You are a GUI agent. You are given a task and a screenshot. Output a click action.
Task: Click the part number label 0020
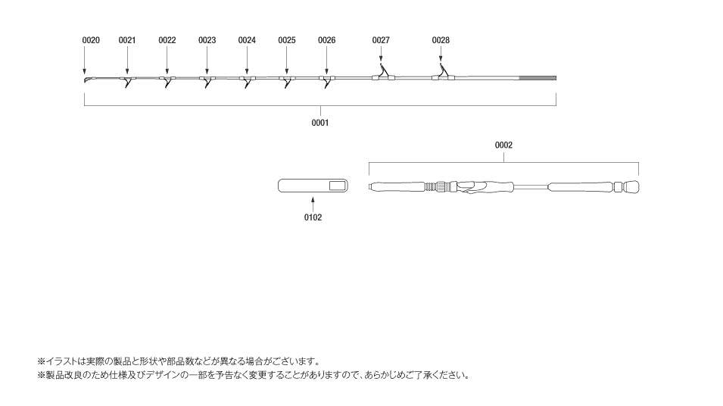(x=91, y=40)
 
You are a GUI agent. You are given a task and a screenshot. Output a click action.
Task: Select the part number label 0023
(x=207, y=40)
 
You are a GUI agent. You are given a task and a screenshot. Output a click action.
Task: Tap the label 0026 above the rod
(x=326, y=40)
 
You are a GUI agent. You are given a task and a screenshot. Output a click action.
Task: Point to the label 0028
(x=441, y=40)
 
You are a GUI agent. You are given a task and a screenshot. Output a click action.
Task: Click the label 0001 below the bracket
(x=320, y=123)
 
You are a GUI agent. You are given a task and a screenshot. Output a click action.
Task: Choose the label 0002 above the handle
(x=503, y=145)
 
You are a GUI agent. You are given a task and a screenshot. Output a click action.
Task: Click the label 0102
(x=313, y=217)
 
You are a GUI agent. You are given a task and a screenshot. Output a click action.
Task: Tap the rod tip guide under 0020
(x=87, y=80)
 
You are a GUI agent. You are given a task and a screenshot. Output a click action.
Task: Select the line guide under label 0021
(x=128, y=81)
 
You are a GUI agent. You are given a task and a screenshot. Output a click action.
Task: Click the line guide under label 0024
(x=247, y=81)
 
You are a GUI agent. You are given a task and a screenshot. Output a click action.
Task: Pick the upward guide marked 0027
(x=383, y=73)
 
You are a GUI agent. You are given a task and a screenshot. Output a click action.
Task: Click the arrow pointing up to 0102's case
(x=313, y=205)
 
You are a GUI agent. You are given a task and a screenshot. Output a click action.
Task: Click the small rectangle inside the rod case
(x=338, y=186)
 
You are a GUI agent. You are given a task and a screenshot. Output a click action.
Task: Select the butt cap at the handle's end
(x=631, y=187)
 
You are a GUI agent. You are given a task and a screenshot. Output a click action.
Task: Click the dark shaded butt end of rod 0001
(x=538, y=78)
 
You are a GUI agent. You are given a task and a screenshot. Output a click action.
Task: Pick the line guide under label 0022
(x=167, y=81)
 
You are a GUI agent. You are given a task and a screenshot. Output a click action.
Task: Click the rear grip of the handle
(x=581, y=187)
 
